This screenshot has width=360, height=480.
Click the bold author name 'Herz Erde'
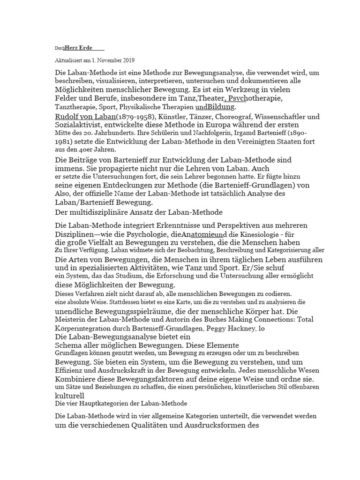78,48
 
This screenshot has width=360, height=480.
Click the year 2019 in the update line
127,60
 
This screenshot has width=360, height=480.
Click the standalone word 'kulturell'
70,395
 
